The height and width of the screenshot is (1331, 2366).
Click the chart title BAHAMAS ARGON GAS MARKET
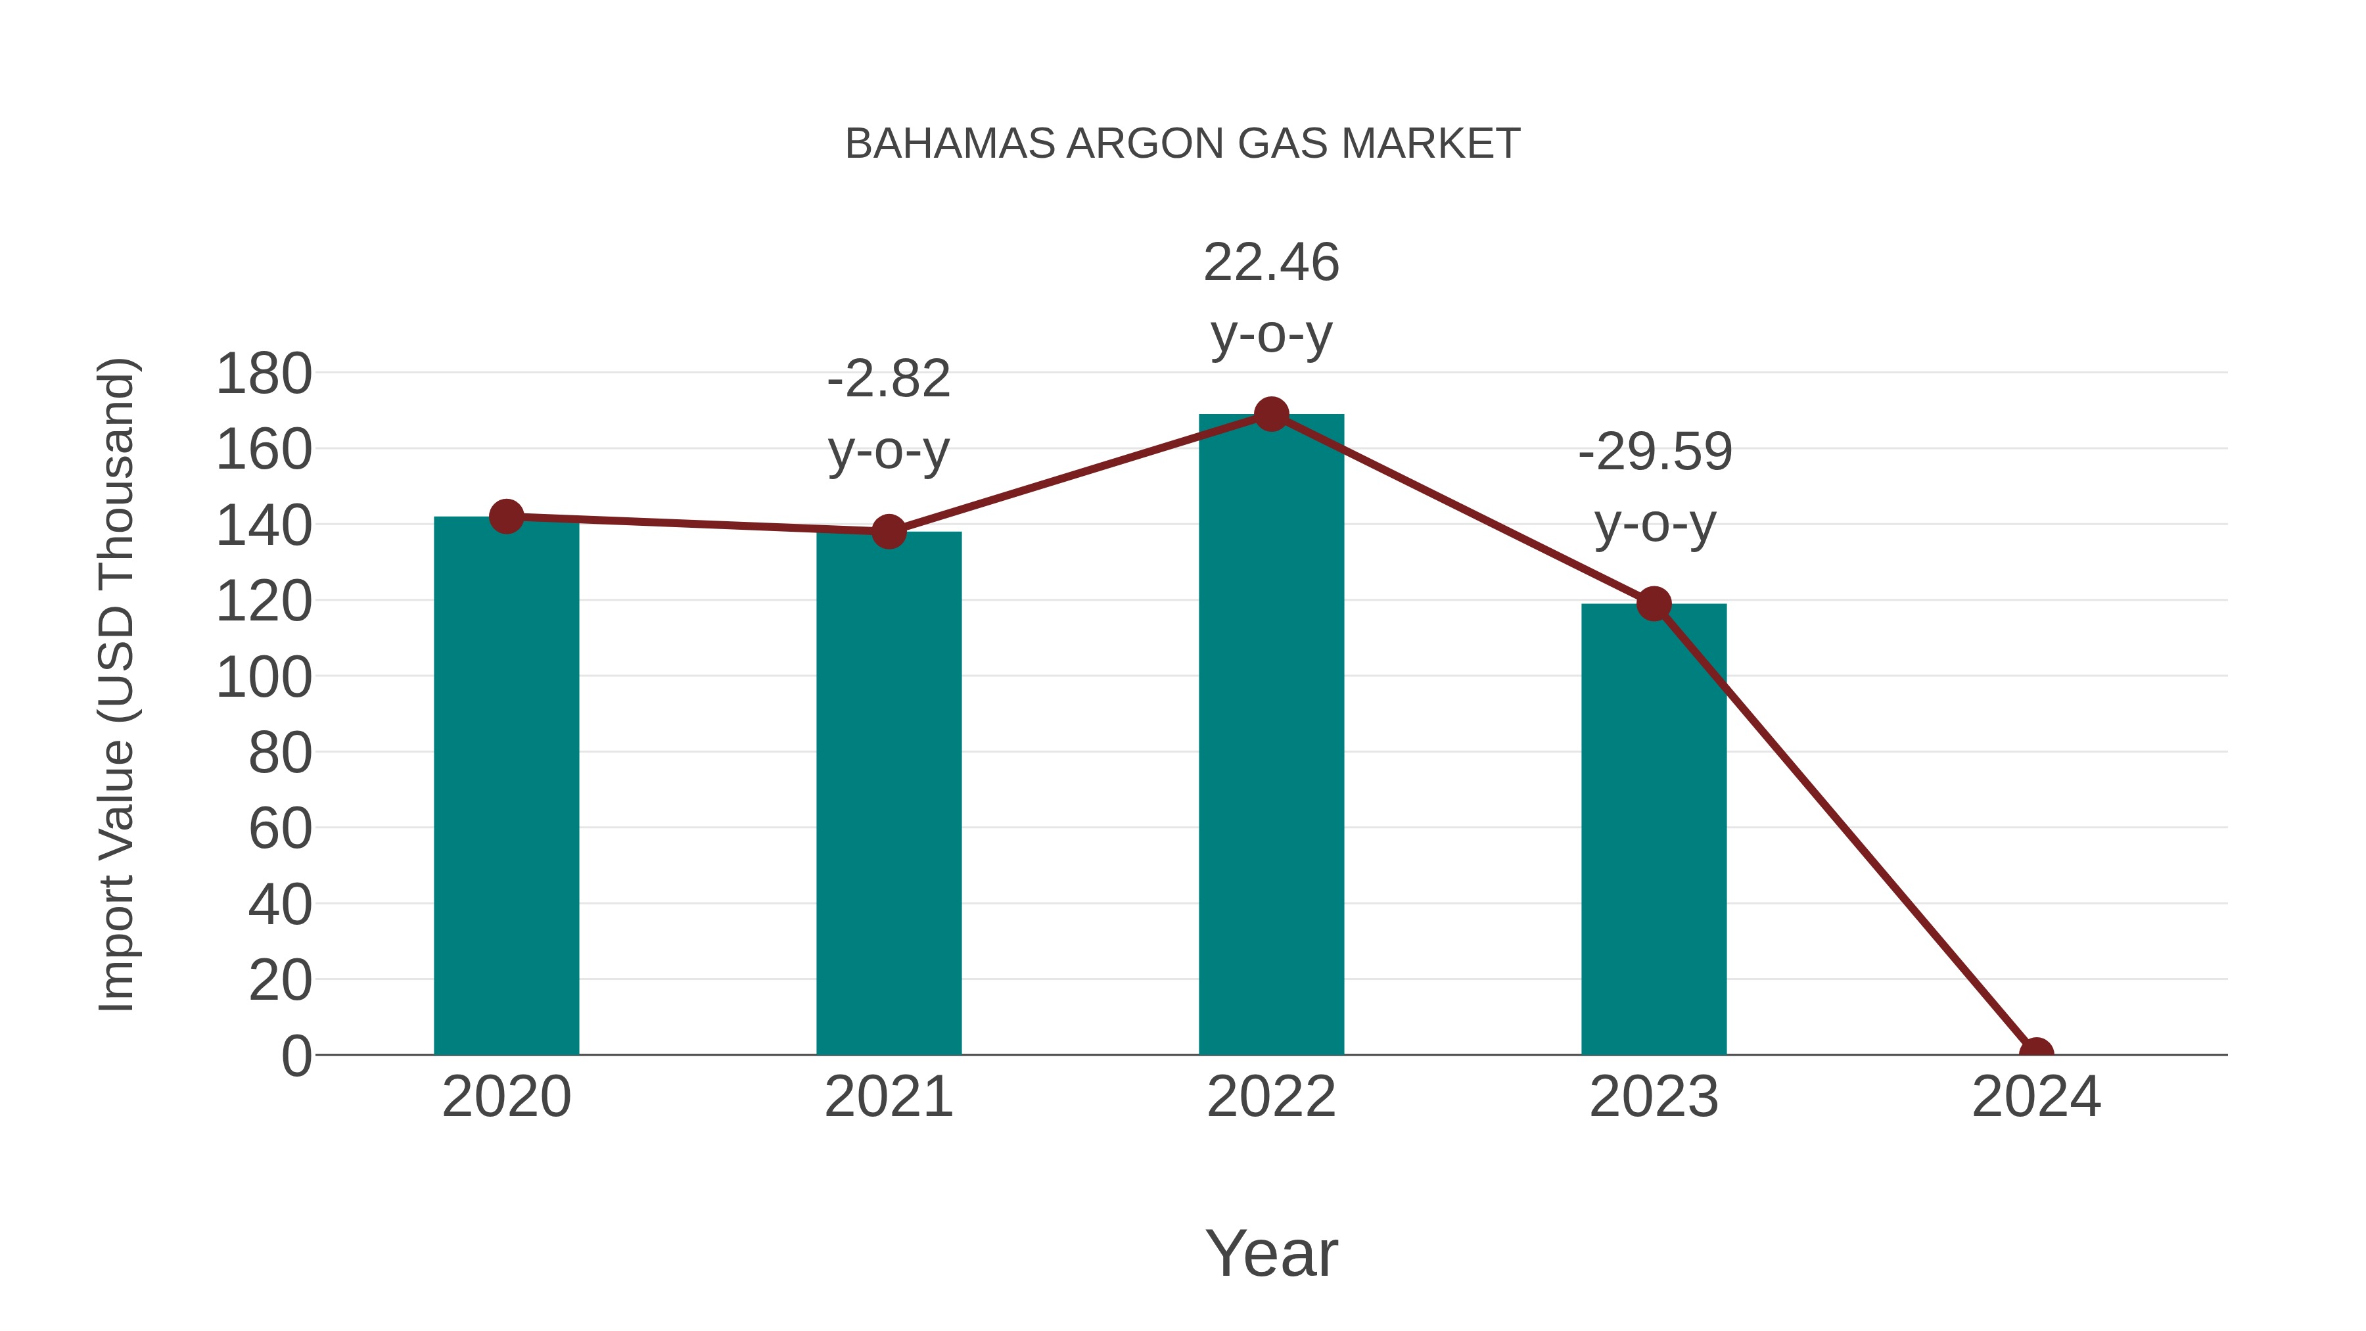(1182, 144)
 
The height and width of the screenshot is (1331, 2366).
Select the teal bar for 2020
(506, 790)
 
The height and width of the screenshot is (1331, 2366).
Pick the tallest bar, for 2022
(1271, 735)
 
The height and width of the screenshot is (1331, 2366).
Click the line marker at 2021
(888, 531)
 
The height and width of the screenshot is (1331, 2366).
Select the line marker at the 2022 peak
(1271, 414)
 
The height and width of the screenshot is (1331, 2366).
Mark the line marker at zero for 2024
(2035, 1053)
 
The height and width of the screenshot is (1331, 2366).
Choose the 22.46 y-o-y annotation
(1271, 298)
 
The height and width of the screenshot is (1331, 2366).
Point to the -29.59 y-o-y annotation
(1654, 488)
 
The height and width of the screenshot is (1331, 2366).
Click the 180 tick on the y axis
(264, 375)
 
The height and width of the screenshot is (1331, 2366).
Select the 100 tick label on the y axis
(264, 678)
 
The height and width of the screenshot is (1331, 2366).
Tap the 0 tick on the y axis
(296, 1056)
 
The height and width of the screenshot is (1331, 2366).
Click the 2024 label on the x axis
(2035, 1097)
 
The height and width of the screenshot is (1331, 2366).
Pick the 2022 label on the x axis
(1271, 1097)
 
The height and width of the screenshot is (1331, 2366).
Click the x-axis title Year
(1271, 1253)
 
